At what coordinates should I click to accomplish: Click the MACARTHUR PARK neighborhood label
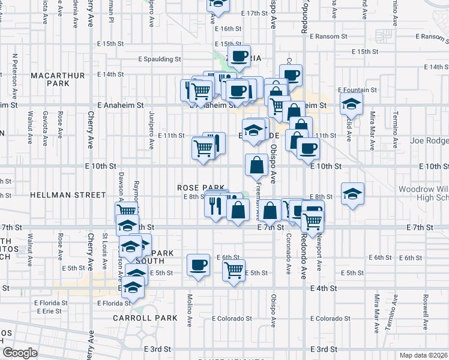tap(50, 79)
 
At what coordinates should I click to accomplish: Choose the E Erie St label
tap(48, 311)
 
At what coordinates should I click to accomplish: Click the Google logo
tap(20, 353)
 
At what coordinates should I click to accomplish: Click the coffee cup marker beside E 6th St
tap(197, 264)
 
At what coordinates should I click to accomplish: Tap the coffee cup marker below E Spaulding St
tap(239, 56)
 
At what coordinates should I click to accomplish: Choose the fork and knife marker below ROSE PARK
tap(215, 206)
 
